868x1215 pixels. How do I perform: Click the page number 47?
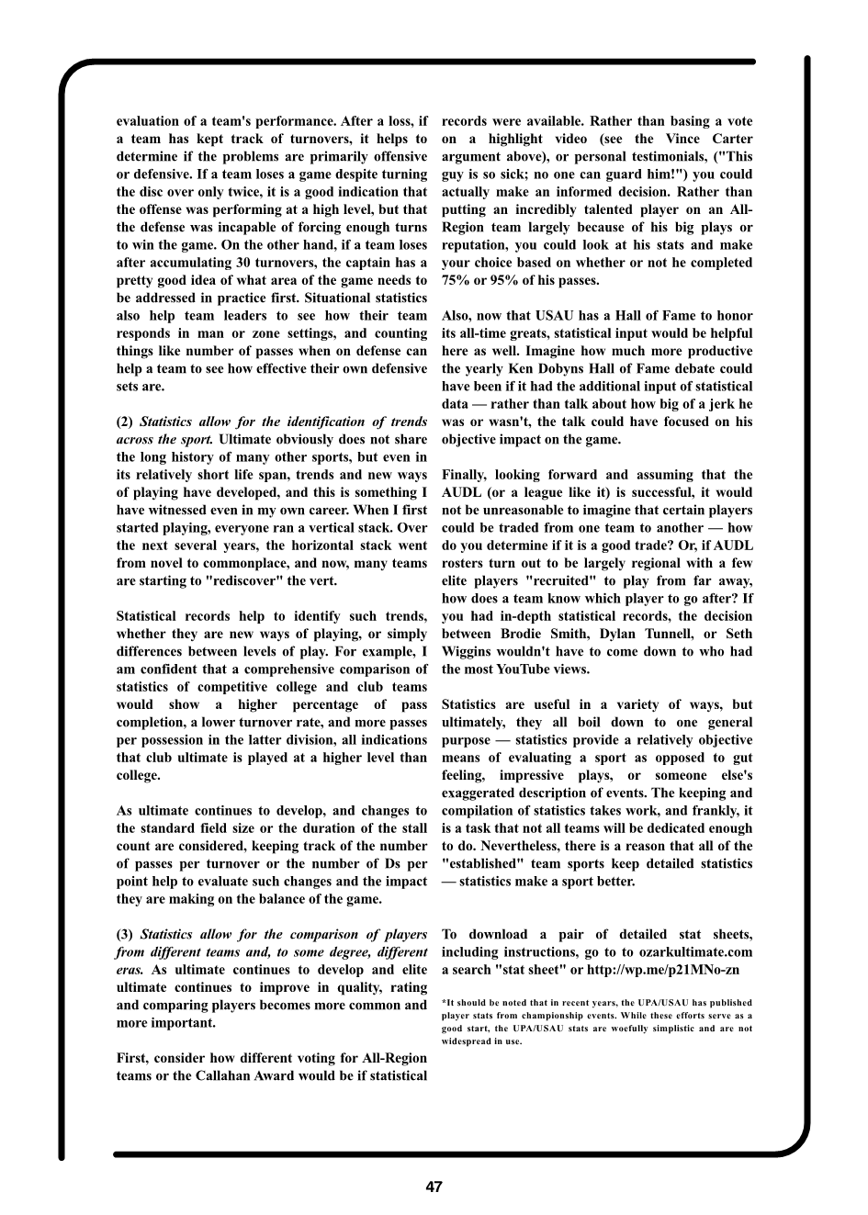(434, 1187)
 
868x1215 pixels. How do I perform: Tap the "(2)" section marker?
(125, 422)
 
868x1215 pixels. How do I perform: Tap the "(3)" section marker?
(125, 934)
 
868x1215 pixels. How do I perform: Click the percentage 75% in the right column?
(457, 281)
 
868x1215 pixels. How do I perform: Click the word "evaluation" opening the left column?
(149, 121)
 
